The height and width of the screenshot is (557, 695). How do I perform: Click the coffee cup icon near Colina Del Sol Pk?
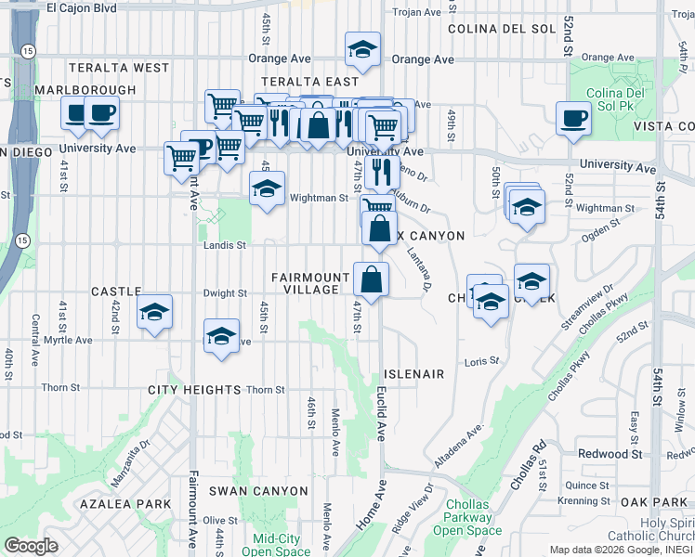pyautogui.click(x=573, y=118)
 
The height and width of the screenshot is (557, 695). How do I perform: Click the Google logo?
pyautogui.click(x=31, y=546)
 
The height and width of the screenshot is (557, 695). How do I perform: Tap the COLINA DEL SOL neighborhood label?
pyautogui.click(x=501, y=29)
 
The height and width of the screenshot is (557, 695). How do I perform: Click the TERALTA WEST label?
pyautogui.click(x=125, y=68)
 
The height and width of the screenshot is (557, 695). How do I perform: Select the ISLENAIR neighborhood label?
pyautogui.click(x=414, y=374)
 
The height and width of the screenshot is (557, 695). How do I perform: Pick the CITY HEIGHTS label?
pyautogui.click(x=194, y=390)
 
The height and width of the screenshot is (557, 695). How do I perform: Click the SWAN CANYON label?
pyautogui.click(x=258, y=490)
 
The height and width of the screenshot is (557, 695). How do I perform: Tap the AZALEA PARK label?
pyautogui.click(x=125, y=504)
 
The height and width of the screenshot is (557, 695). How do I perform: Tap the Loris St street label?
pyautogui.click(x=481, y=360)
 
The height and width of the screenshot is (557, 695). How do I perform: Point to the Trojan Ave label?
pyautogui.click(x=417, y=12)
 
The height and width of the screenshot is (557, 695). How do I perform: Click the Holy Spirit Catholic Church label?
pyautogui.click(x=649, y=529)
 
